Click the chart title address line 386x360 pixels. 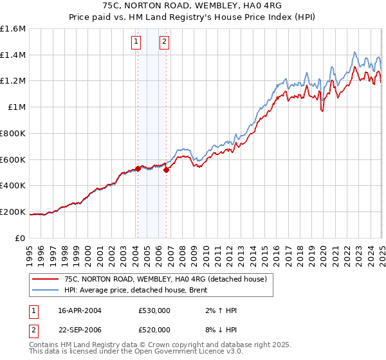coord(192,6)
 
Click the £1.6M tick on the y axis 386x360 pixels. coord(14,29)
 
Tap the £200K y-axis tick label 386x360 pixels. coord(14,212)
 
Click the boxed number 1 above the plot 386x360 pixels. coord(136,42)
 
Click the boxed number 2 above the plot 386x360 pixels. coord(165,42)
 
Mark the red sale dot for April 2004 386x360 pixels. coord(138,168)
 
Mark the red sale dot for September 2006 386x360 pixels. coord(166,170)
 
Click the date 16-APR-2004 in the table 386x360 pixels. coord(80,310)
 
